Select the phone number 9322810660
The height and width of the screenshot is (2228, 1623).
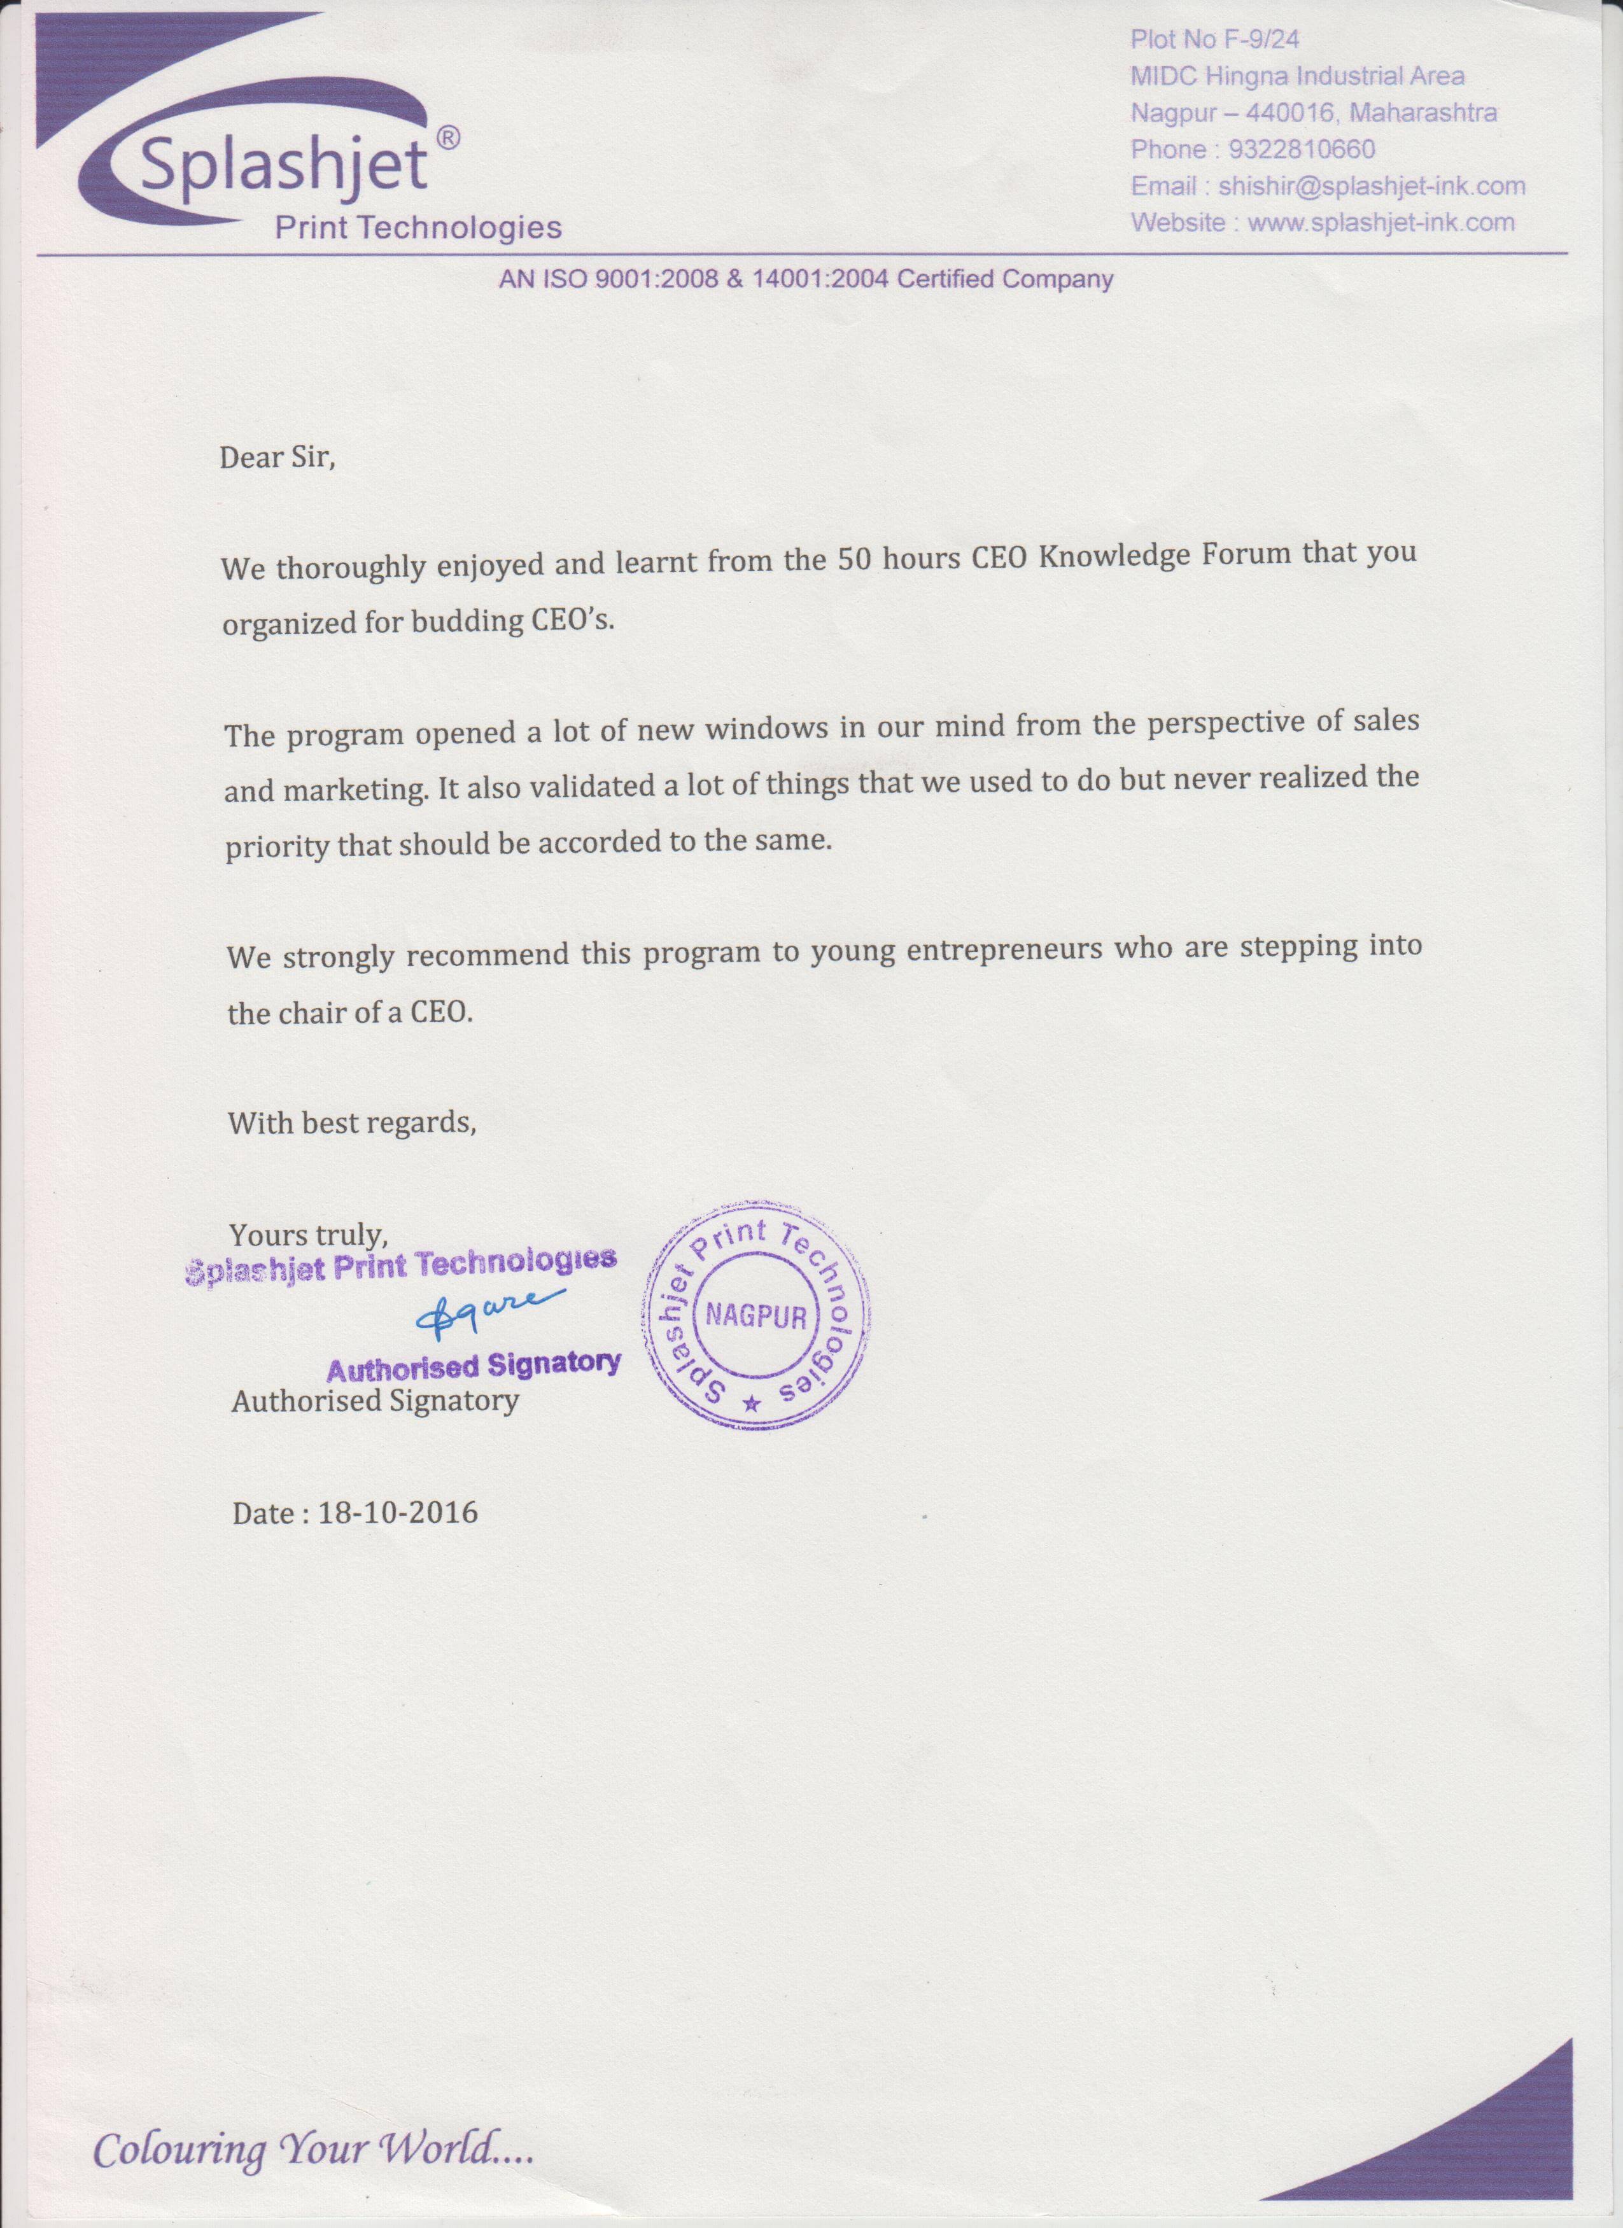tap(1302, 150)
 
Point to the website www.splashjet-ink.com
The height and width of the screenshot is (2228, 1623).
tap(1381, 223)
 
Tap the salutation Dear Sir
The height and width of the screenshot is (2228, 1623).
tap(277, 458)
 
